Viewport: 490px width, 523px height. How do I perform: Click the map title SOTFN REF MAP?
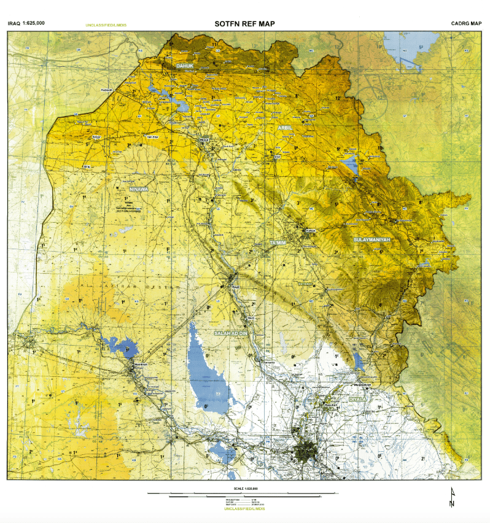[x=244, y=24]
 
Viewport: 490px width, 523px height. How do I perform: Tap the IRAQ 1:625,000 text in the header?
[x=26, y=23]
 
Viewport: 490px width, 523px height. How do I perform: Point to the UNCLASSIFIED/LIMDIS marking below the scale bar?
[x=244, y=509]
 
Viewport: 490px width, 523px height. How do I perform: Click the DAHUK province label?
[x=184, y=65]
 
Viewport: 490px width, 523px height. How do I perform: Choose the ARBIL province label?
[x=285, y=128]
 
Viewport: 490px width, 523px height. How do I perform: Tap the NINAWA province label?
[x=138, y=189]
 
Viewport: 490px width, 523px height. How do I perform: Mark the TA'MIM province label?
[x=278, y=244]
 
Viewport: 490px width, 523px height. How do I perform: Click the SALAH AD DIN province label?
[x=230, y=333]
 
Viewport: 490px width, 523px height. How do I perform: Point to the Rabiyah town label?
[x=108, y=90]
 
